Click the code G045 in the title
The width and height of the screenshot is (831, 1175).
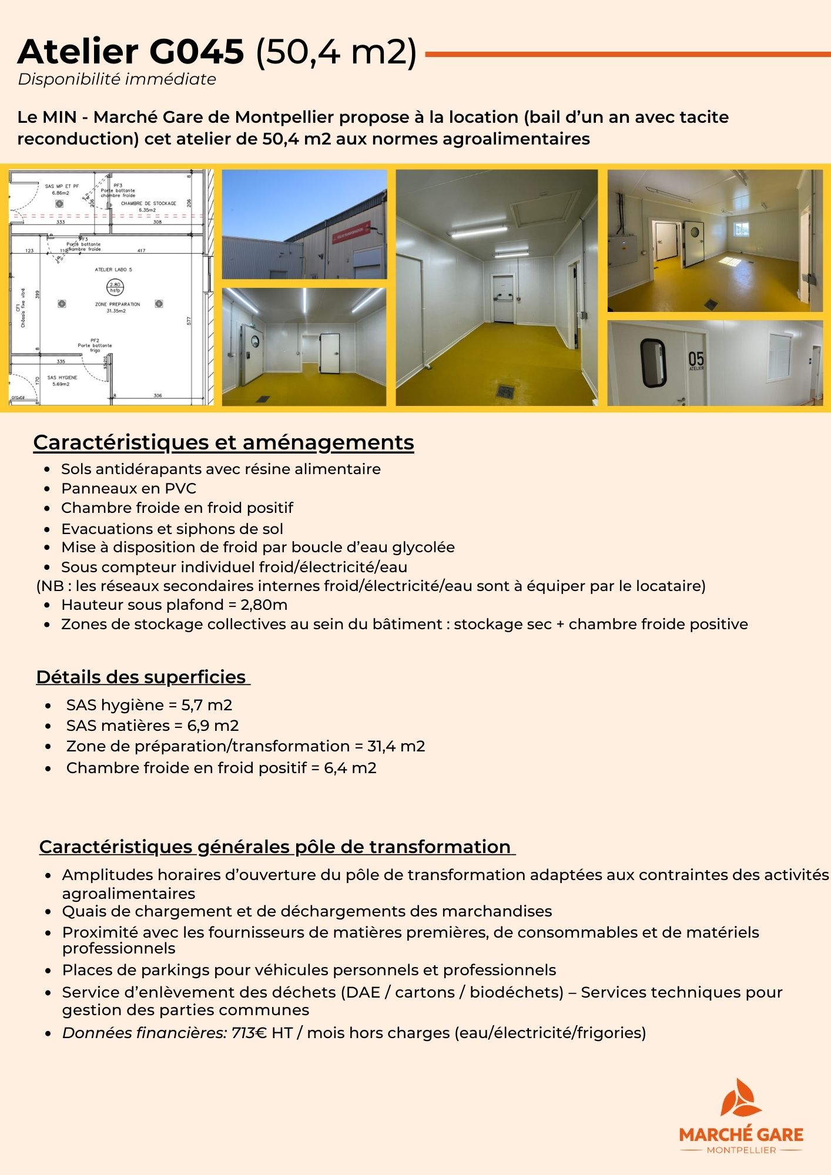pos(196,52)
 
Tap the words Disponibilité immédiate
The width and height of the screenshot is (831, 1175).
pos(117,79)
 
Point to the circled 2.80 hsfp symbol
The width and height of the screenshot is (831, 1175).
pos(115,287)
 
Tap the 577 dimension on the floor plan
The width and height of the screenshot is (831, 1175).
pos(189,321)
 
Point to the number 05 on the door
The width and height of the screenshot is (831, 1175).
pos(696,359)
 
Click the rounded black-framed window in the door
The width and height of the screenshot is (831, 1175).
pos(654,362)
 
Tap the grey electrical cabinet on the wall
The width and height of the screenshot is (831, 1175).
pos(622,253)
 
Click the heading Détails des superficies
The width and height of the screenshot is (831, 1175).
pos(141,677)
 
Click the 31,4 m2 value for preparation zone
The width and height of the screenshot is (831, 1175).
pos(396,746)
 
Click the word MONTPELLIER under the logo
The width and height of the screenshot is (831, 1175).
pos(741,1150)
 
